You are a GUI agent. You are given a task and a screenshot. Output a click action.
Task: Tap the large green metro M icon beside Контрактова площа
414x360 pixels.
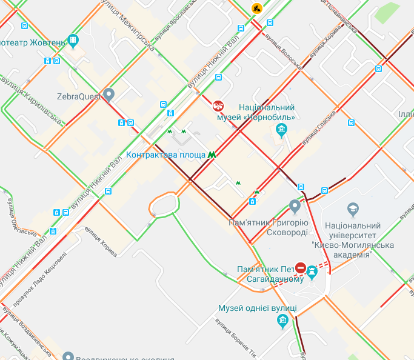click(212, 155)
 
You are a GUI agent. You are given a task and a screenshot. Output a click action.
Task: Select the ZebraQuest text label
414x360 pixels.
click(78, 96)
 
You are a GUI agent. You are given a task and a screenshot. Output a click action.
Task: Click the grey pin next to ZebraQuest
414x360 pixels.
click(109, 94)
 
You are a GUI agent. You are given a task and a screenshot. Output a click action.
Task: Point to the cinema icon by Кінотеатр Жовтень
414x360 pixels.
click(73, 41)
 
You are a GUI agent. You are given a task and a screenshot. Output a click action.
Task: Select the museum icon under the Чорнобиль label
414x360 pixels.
click(281, 128)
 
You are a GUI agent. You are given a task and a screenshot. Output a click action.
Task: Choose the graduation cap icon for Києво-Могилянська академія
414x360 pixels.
click(352, 210)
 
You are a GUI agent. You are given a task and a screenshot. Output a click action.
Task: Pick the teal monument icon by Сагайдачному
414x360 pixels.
click(312, 271)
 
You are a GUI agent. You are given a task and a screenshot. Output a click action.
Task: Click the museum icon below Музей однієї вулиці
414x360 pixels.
click(281, 322)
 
